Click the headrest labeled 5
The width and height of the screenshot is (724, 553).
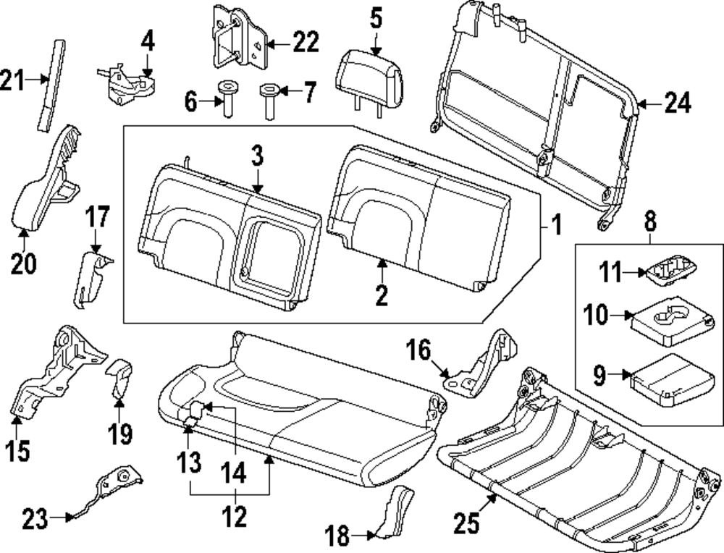(369, 72)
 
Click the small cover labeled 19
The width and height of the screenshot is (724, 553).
(119, 379)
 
